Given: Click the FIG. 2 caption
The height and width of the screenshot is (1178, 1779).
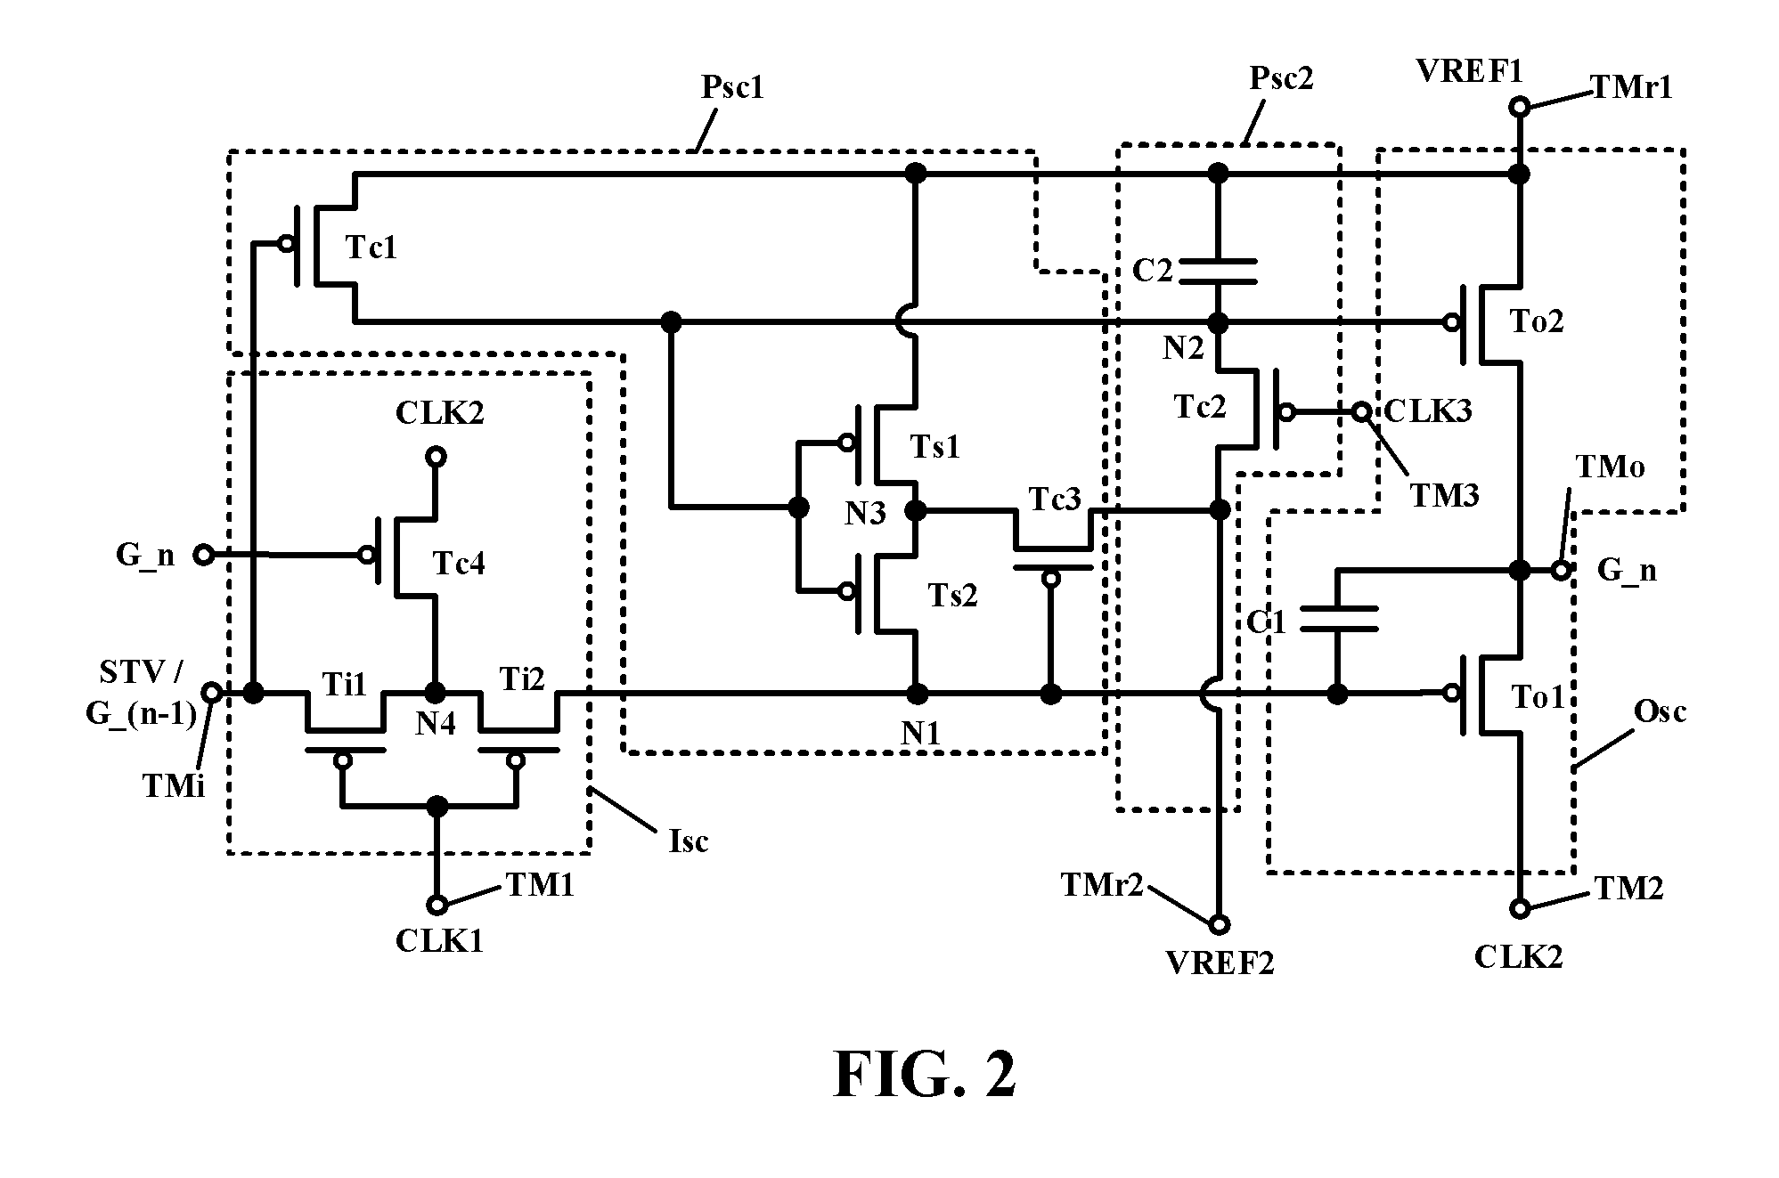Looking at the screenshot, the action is (924, 1075).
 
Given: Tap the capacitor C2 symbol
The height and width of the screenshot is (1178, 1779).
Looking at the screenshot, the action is (1218, 272).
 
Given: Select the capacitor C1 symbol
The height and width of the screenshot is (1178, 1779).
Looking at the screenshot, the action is (1338, 619).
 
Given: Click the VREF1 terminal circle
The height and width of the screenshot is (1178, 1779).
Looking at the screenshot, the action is (1520, 108).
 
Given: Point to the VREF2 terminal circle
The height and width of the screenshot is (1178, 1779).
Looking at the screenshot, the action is (1218, 923).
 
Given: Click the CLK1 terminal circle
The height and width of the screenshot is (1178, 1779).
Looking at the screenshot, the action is (437, 906).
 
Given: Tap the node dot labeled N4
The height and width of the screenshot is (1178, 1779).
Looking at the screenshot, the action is (436, 692).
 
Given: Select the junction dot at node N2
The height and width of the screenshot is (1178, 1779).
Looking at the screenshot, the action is (1218, 321).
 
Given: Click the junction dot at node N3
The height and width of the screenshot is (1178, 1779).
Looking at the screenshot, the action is (915, 510).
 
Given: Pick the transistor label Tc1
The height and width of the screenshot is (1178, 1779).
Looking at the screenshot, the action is (371, 248).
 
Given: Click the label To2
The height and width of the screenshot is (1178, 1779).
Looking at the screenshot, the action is (1537, 321).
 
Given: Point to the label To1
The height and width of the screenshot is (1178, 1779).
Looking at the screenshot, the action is (1538, 696).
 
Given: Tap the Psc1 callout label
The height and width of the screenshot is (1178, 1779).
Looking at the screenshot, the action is (733, 87).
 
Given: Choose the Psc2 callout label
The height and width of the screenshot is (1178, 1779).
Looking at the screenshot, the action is (1282, 78).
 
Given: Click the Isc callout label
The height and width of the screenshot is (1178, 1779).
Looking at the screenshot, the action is (689, 840).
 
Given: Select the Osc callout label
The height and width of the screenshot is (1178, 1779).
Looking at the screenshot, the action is (1661, 711).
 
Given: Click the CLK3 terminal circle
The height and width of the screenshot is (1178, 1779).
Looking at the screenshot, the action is (1362, 412).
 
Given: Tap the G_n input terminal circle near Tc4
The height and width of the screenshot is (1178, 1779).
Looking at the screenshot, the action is (203, 555).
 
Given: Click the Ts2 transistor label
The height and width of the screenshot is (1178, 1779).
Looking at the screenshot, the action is (952, 595).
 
